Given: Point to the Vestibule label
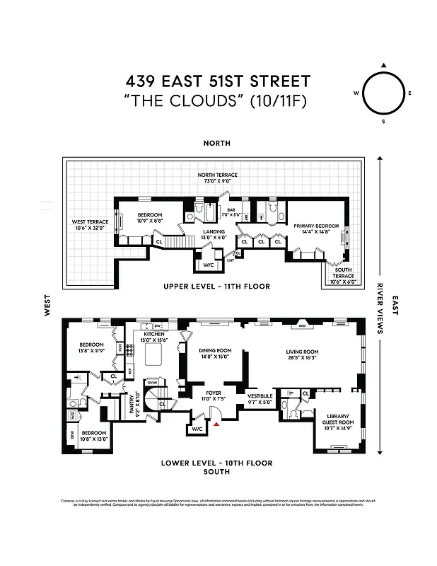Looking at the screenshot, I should [260, 398].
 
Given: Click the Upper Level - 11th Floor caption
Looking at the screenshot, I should [217, 287].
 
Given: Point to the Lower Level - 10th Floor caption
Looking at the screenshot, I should [216, 463].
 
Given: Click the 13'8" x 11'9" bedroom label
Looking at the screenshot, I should [91, 347].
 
